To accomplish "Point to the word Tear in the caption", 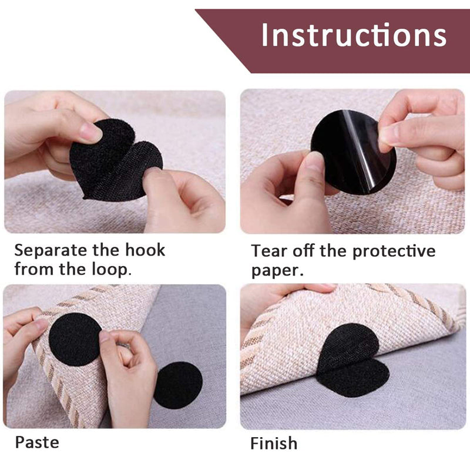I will coord(270,251).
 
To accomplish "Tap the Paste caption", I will coord(37,442).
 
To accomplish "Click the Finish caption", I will coord(274,443).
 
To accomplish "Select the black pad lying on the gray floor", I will coord(177,385).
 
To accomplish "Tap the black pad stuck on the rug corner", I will coord(75,339).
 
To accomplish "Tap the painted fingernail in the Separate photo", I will coord(90,132).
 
